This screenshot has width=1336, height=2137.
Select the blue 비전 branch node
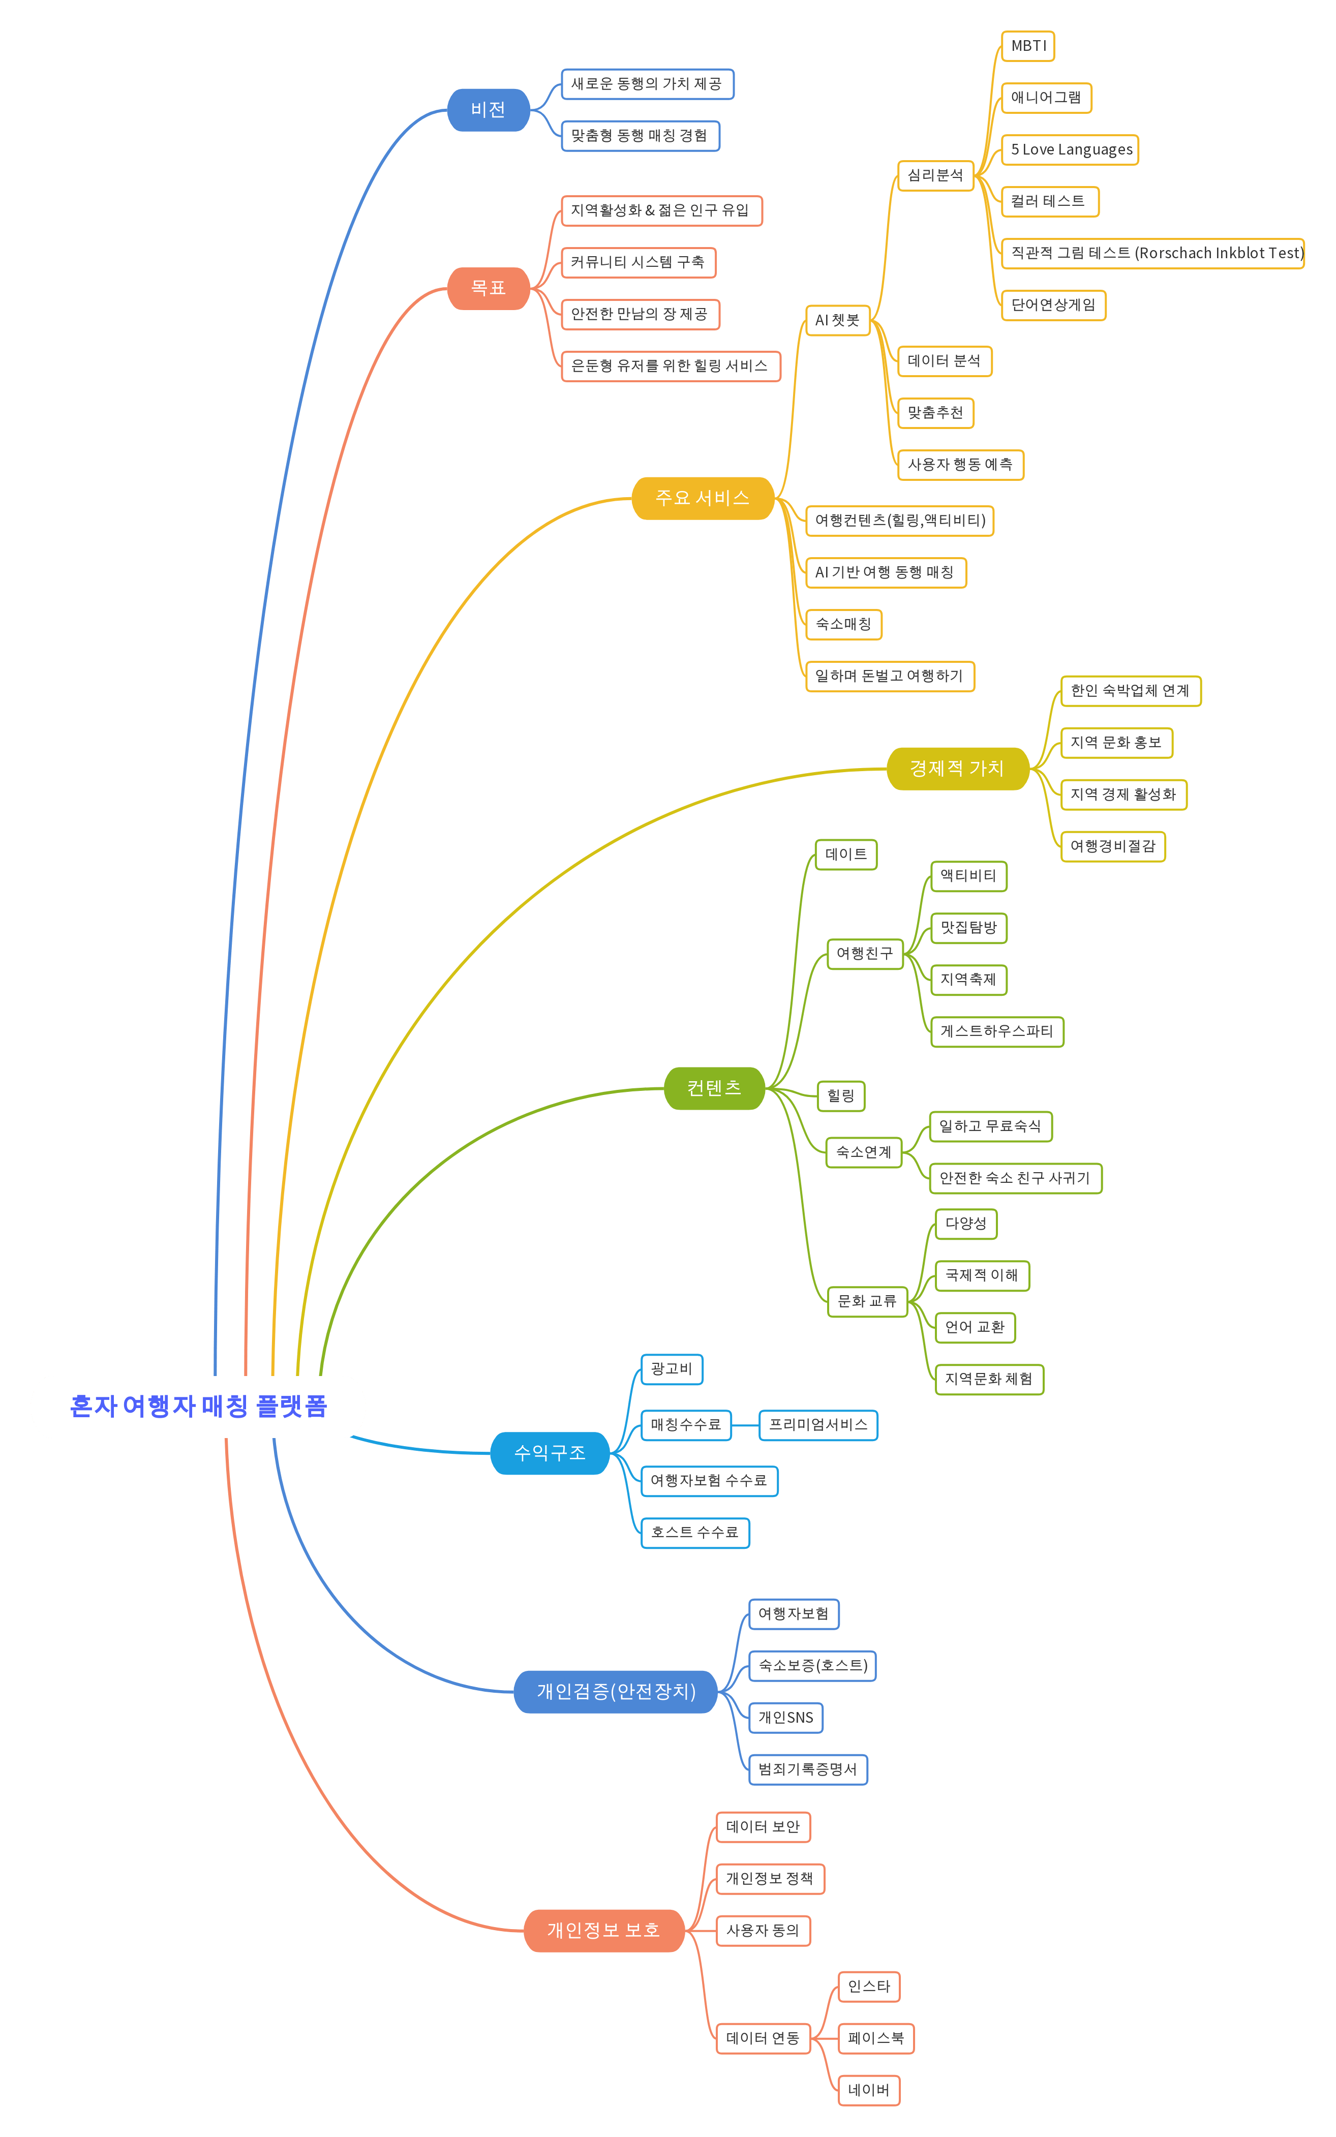(x=488, y=110)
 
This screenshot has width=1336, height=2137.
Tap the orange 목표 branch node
(x=488, y=288)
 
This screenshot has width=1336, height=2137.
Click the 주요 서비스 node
(x=703, y=498)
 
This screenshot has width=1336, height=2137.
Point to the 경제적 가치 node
(x=957, y=769)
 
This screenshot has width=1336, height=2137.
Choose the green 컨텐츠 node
(x=714, y=1088)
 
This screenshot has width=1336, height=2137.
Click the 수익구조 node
(x=550, y=1453)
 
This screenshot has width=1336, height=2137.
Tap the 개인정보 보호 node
(x=603, y=1930)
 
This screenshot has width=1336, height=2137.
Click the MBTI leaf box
(x=1027, y=46)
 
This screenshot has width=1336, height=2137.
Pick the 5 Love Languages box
(x=1070, y=150)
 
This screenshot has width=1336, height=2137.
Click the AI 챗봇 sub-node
(x=837, y=320)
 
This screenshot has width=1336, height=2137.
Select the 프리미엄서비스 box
(x=818, y=1425)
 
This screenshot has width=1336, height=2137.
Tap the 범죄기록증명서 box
(x=808, y=1769)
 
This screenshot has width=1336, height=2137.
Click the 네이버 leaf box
(x=869, y=2090)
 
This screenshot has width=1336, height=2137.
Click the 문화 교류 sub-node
(x=867, y=1301)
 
